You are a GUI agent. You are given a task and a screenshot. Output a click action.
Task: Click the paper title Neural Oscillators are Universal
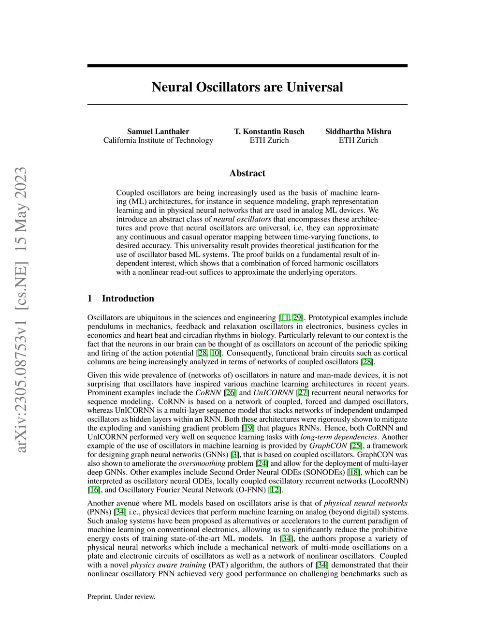pyautogui.click(x=247, y=87)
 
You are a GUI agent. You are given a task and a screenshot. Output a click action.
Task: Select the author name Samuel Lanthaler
pyautogui.click(x=158, y=132)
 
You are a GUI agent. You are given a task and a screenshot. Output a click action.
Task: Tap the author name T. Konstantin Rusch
pyautogui.click(x=269, y=132)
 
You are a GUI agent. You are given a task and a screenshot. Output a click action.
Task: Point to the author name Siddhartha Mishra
pyautogui.click(x=358, y=132)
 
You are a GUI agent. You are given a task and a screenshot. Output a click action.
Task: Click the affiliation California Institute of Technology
pyautogui.click(x=158, y=140)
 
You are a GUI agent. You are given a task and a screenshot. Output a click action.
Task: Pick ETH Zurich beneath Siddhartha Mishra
pyautogui.click(x=358, y=140)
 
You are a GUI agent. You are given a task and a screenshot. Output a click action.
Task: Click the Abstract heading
pyautogui.click(x=247, y=173)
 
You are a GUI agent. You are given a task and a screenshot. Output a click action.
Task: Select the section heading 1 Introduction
pyautogui.click(x=121, y=298)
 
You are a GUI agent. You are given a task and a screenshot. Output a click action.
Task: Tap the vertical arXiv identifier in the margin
pyautogui.click(x=21, y=310)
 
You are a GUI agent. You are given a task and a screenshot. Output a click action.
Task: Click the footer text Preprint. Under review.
pyautogui.click(x=121, y=596)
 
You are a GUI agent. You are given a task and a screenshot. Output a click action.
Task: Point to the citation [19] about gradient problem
pyautogui.click(x=248, y=428)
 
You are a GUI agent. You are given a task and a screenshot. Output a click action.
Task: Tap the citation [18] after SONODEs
pyautogui.click(x=354, y=472)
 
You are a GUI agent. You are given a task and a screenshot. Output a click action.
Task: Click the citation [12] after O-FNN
pyautogui.click(x=275, y=490)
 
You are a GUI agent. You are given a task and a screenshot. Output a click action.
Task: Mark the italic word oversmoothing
pyautogui.click(x=202, y=463)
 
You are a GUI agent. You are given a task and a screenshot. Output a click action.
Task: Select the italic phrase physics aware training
pyautogui.click(x=168, y=565)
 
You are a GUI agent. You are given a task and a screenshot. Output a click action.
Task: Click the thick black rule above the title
pyautogui.click(x=247, y=66)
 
